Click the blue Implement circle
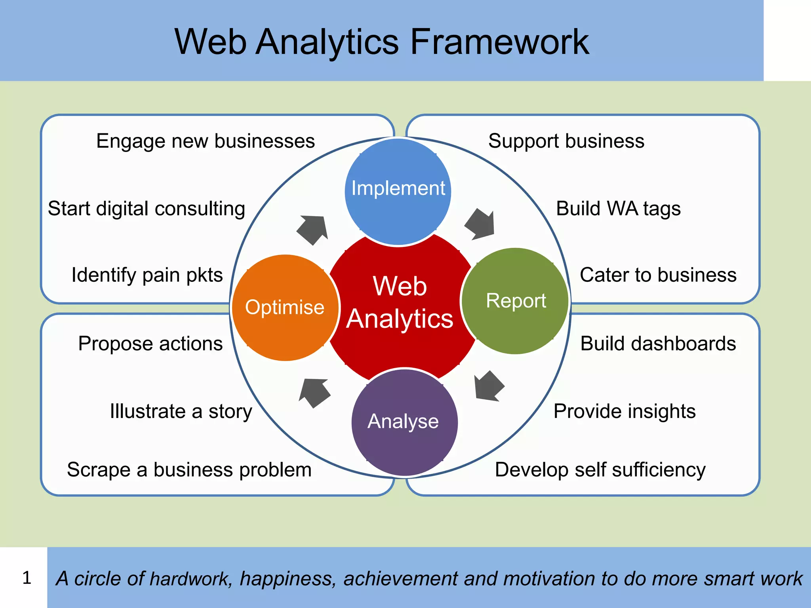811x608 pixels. tap(398, 192)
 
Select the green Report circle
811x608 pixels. tap(515, 301)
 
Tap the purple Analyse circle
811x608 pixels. tap(404, 422)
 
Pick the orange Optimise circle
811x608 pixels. tap(285, 308)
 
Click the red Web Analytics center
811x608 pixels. tap(400, 303)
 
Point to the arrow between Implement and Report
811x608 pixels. tap(480, 224)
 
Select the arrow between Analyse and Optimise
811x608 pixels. tap(315, 392)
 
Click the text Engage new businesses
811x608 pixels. tap(206, 141)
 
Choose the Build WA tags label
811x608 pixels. tap(618, 209)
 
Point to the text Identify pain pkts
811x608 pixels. tap(147, 275)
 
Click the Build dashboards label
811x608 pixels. tap(658, 343)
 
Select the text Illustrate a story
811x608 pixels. tap(181, 411)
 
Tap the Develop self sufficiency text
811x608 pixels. tap(600, 470)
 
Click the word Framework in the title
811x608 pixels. tap(499, 42)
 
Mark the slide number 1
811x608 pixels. tap(27, 578)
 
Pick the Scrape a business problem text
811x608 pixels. tap(189, 470)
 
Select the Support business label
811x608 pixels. tap(566, 141)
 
